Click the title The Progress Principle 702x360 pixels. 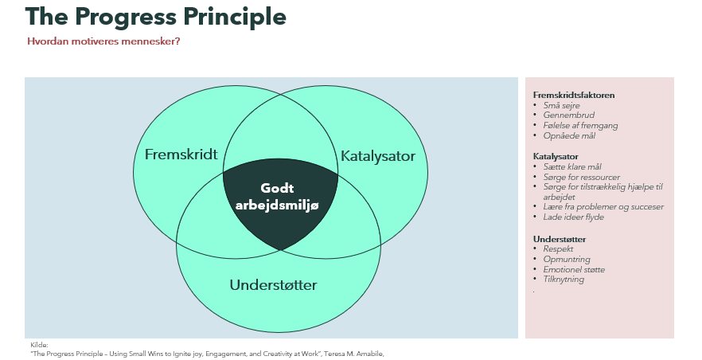coord(156,17)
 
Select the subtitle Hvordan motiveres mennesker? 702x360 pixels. coord(103,41)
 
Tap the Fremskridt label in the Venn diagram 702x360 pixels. coord(181,155)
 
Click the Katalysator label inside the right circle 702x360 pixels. coord(378,156)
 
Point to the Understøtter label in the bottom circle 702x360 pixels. coord(273,285)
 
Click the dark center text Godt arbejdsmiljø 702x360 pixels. coord(277,197)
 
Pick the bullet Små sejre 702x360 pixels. coord(561,106)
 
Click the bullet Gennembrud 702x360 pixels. coord(568,115)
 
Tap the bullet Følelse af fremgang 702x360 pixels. coord(580,126)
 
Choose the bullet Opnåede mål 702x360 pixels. coord(569,135)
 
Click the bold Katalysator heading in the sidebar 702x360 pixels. coord(556,157)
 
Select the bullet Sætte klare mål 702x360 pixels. coord(572,166)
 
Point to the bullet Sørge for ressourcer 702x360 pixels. coord(582,178)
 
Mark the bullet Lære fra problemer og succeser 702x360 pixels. coord(603,207)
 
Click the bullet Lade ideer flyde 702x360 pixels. coord(574,217)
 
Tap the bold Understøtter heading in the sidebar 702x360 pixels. coord(560,239)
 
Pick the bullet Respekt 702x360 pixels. coord(558,249)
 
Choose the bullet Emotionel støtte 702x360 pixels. coord(574,269)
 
